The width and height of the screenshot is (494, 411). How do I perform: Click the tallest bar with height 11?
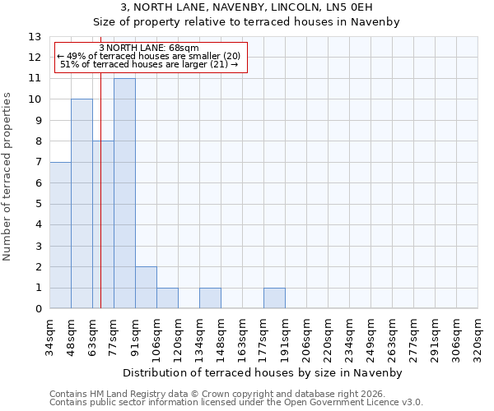[x=124, y=193]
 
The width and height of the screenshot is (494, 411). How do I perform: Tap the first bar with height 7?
[x=60, y=235]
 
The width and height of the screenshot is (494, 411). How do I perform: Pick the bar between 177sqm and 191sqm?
[x=274, y=298]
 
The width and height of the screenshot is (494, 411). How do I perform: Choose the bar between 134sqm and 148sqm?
[x=210, y=298]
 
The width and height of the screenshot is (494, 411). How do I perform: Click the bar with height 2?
[x=146, y=288]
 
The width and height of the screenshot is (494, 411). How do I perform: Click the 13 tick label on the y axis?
[x=35, y=37]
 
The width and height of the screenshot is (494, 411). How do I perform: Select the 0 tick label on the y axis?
[x=38, y=309]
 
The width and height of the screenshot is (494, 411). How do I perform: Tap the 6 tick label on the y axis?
[x=38, y=183]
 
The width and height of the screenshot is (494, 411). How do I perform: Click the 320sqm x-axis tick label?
[x=478, y=336]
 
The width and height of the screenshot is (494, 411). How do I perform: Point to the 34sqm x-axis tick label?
[x=49, y=336]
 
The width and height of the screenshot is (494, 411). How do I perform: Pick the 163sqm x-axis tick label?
[x=242, y=336]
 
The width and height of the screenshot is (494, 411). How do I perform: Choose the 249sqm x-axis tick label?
[x=370, y=336]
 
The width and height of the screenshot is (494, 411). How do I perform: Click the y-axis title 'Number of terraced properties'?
[x=8, y=177]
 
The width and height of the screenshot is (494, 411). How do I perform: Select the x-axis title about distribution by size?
[x=263, y=372]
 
